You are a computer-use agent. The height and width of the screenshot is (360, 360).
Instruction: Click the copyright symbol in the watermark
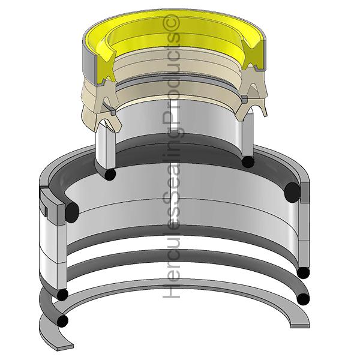(171, 23)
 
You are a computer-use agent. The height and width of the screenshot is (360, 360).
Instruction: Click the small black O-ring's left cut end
(110, 174)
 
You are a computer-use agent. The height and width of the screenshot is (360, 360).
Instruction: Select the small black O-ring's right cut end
(248, 162)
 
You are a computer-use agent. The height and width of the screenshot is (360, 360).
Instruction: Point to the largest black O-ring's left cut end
(72, 212)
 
